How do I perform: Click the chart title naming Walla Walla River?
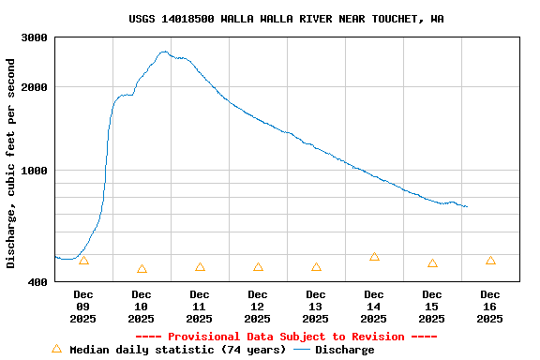tap(286, 19)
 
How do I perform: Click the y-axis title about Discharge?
tap(11, 163)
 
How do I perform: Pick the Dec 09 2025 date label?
tap(83, 307)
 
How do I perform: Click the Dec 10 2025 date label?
tap(142, 307)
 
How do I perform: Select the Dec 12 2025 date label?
tap(258, 307)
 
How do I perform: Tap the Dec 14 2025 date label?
tap(374, 307)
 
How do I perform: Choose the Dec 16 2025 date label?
tap(490, 307)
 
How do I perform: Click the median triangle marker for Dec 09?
tap(83, 261)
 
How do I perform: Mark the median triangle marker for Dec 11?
tap(200, 267)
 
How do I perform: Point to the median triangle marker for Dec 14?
tap(374, 256)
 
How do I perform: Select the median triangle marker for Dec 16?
tap(490, 261)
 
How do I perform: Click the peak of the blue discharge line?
tap(164, 52)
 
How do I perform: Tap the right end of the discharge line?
tap(467, 206)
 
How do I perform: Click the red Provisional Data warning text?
tap(286, 337)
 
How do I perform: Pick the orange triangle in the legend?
tap(56, 349)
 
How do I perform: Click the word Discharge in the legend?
tap(344, 350)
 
